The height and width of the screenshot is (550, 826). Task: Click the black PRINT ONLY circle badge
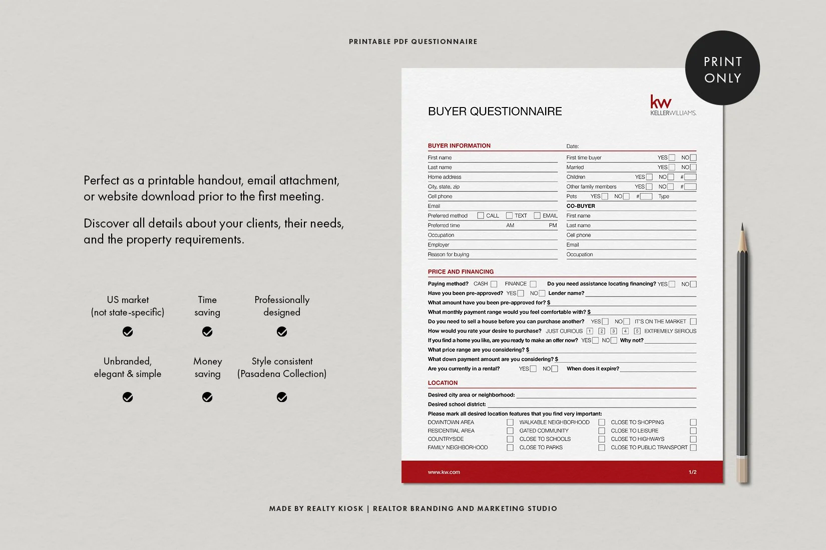tap(722, 68)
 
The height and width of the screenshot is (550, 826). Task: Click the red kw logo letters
tap(660, 102)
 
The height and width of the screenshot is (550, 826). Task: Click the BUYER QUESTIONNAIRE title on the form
tap(495, 111)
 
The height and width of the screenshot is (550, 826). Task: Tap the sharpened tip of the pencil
tap(742, 226)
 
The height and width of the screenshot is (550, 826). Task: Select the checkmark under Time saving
tap(207, 331)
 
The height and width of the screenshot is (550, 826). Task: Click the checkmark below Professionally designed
tap(282, 331)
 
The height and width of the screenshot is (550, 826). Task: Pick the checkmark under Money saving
tap(207, 397)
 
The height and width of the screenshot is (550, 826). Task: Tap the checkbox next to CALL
tap(481, 215)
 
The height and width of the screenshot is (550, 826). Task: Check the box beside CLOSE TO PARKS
tap(602, 447)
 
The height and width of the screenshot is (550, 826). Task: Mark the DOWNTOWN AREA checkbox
tap(510, 422)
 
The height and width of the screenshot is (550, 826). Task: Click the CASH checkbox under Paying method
tap(494, 284)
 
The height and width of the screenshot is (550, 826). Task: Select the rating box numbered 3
tap(613, 331)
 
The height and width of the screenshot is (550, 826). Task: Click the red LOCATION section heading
tap(443, 383)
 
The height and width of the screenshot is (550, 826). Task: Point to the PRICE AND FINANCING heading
tap(461, 272)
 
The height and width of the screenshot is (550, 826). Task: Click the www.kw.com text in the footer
tap(444, 472)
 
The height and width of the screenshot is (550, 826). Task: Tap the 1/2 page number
tap(692, 472)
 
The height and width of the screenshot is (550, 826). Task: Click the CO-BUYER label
tap(581, 206)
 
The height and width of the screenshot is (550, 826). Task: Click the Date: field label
tap(572, 146)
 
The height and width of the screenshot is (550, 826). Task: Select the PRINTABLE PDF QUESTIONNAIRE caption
tap(413, 41)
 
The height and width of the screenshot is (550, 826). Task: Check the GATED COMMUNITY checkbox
tap(602, 430)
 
